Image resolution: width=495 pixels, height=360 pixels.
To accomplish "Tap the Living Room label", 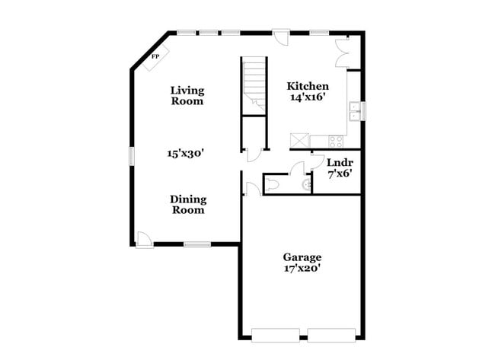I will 187,95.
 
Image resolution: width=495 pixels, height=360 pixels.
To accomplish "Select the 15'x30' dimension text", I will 186,153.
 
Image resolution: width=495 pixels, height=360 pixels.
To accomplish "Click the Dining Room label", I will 187,205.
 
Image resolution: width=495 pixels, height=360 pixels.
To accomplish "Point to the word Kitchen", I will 308,86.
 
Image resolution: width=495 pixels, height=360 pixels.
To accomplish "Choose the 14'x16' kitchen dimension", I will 308,97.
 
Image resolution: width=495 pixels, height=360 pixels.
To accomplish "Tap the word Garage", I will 302,257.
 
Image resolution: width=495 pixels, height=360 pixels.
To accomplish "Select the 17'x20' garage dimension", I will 302,269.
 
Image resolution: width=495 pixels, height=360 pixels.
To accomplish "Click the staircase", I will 254,84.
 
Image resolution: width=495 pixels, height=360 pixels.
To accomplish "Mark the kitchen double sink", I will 354,112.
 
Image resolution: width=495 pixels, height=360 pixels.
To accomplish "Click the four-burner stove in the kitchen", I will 336,140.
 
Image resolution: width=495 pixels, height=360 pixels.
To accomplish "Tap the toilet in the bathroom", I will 273,183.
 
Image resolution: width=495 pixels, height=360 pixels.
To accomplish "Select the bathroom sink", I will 307,183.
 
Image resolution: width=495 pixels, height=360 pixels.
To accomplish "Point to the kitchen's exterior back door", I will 281,38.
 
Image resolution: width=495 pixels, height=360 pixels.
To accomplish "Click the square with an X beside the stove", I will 299,141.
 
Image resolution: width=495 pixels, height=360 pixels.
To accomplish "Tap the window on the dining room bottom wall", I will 197,244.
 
